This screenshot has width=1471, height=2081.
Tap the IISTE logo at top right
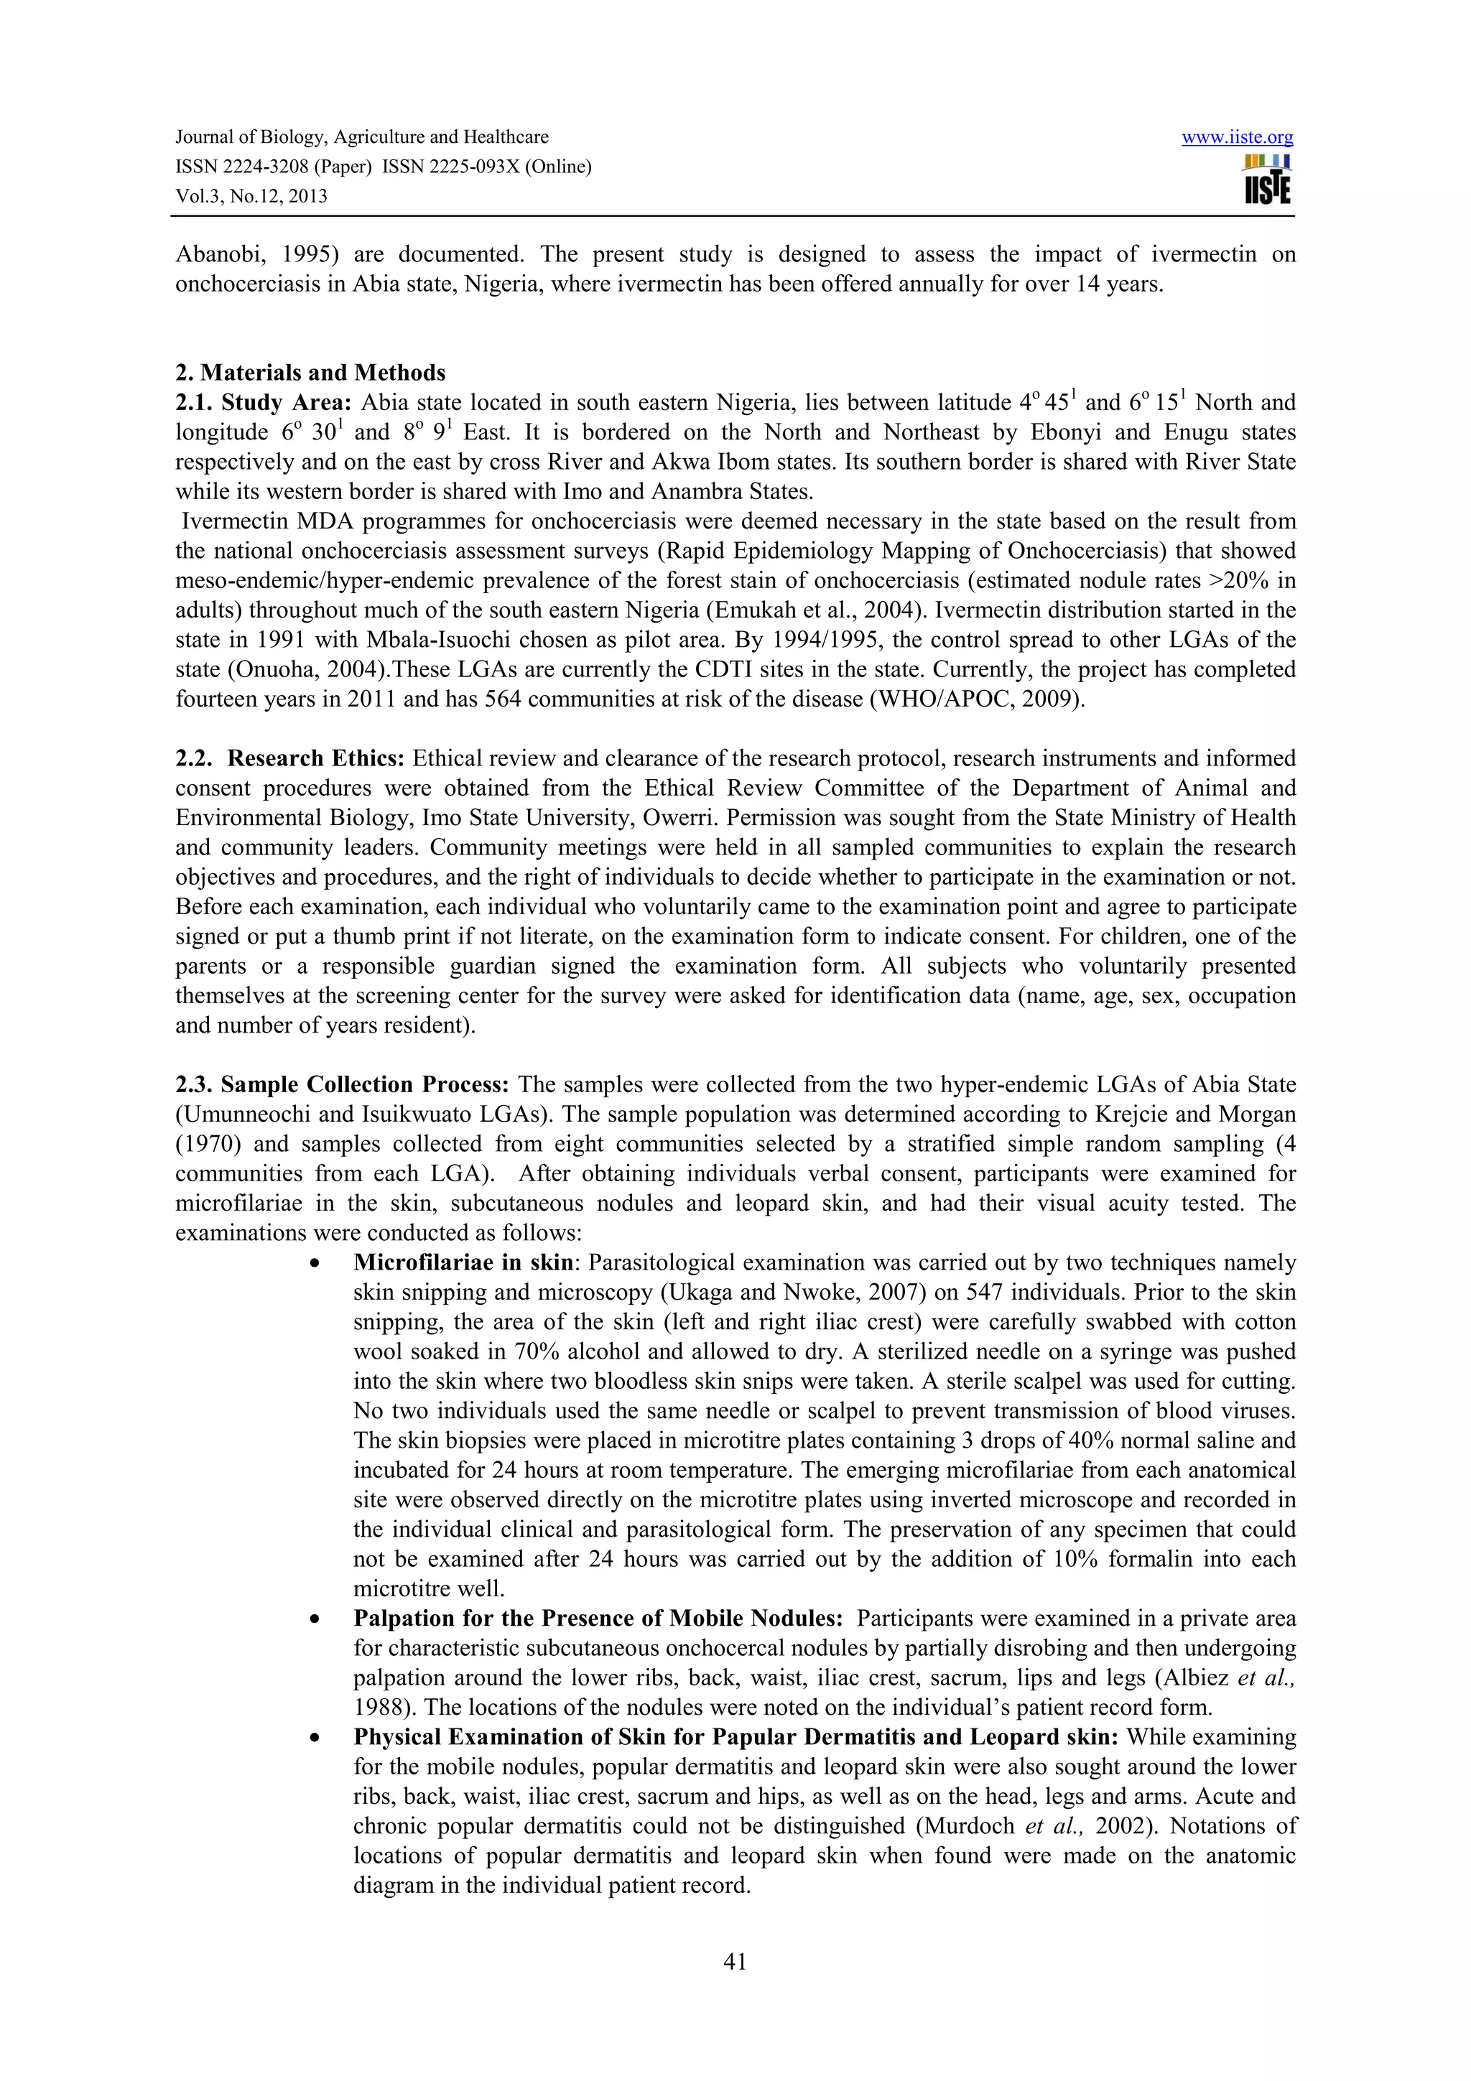click(1268, 180)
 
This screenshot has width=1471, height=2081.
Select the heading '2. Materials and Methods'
click(310, 373)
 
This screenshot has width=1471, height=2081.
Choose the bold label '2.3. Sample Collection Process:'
click(342, 1085)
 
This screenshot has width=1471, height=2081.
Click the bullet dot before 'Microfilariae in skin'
click(315, 1264)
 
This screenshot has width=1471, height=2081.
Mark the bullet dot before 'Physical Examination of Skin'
click(315, 1738)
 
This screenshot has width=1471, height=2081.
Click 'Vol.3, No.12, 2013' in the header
click(251, 197)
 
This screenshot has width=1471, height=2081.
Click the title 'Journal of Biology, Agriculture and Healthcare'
click(361, 138)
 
